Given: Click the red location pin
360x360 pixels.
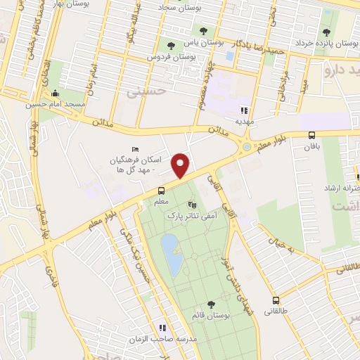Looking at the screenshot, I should (x=181, y=165).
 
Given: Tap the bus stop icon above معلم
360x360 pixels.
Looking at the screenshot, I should (x=162, y=191).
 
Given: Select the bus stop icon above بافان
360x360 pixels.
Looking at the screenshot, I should (x=312, y=136).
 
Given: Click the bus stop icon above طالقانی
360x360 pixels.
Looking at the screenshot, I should (x=276, y=299).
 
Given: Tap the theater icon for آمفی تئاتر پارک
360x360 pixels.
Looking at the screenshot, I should (x=184, y=205).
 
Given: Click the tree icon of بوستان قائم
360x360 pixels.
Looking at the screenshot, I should (x=211, y=304).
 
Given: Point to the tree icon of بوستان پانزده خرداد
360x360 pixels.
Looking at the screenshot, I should (x=326, y=32).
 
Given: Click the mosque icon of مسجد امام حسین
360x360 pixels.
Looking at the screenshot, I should (x=56, y=94).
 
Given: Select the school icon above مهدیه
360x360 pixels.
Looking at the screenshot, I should (x=244, y=110).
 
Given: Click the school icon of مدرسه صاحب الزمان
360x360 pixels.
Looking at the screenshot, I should (x=163, y=328).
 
